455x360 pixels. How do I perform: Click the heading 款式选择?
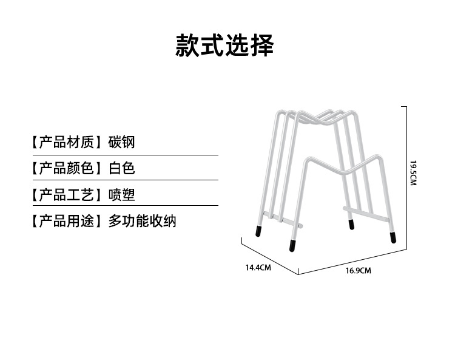coord(224,46)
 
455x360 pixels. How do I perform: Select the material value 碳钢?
coord(121,143)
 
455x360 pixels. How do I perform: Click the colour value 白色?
coord(121,168)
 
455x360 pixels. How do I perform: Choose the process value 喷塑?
coord(121,195)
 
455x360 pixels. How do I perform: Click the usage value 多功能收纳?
coord(142,221)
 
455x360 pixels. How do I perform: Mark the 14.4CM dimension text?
coord(258,267)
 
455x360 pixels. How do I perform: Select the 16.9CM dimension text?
coord(358,270)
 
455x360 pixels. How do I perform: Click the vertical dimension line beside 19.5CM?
coord(405,176)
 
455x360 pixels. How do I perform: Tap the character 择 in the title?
coord(262,46)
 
